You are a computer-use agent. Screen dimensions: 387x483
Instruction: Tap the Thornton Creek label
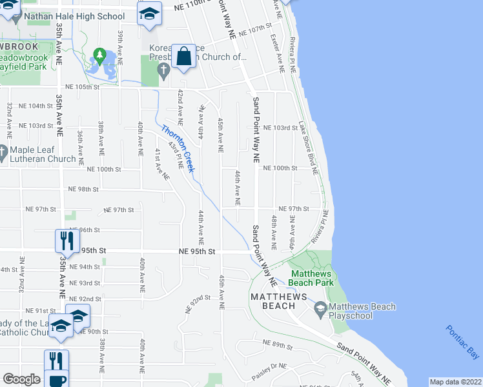pyautogui.click(x=177, y=148)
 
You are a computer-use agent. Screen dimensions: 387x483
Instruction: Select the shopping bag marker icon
pyautogui.click(x=184, y=56)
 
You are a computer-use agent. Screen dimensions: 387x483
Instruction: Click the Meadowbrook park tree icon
pyautogui.click(x=99, y=55)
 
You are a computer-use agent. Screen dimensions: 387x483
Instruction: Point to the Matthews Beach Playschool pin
pyautogui.click(x=320, y=311)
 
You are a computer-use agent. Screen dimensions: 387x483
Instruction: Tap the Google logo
pyautogui.click(x=21, y=379)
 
